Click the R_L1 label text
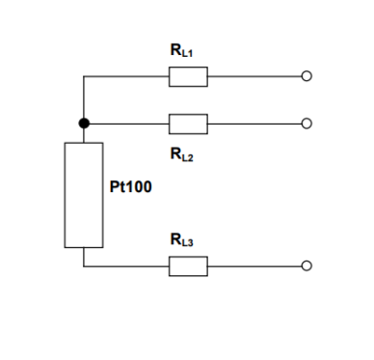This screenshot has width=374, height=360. pos(181,50)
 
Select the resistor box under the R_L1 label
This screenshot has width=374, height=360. pos(188,76)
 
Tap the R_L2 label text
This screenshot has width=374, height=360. pos(182,154)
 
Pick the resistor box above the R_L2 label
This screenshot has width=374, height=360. pos(188,124)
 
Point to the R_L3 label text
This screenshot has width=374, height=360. pos(182,240)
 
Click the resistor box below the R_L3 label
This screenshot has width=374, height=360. pos(188,266)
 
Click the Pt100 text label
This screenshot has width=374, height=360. pos(130,186)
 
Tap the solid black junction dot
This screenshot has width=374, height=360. pos(84,124)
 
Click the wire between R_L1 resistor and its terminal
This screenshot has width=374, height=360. pos(254,76)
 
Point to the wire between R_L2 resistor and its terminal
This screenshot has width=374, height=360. pos(254,124)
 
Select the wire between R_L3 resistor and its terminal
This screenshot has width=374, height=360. pos(254,266)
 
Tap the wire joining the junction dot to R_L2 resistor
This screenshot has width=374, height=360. pos(129,124)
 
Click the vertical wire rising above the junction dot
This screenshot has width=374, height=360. pos(84,97)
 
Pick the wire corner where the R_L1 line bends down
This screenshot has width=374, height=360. pos(84,76)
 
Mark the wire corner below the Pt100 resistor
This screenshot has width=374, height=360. pos(84,266)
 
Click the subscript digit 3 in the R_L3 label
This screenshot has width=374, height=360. pos(190,243)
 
